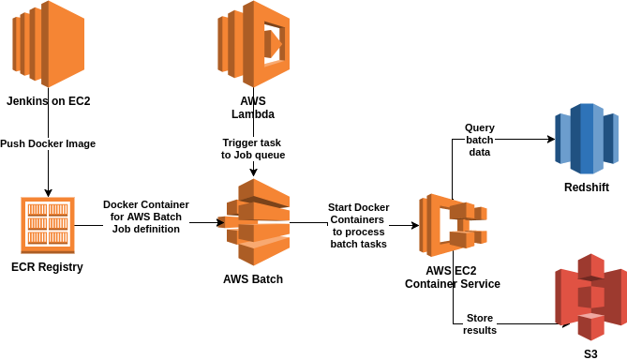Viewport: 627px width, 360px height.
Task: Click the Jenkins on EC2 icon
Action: pos(49,44)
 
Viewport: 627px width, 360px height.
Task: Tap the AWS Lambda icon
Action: pos(254,44)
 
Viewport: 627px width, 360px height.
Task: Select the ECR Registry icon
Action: pos(48,225)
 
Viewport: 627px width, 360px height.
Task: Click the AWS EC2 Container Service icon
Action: pos(453,225)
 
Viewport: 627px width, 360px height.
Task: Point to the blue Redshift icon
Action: pos(587,139)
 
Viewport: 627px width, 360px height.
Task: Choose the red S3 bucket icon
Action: pos(590,297)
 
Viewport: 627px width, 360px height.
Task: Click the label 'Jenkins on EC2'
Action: pos(49,101)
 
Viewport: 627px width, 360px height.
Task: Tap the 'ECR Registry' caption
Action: pos(47,267)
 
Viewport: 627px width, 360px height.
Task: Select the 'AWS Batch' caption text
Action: pos(253,278)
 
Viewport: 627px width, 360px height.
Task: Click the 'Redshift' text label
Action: pos(587,187)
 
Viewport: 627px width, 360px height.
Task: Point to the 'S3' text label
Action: pos(590,353)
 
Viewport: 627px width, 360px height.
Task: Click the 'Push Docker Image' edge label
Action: pos(48,143)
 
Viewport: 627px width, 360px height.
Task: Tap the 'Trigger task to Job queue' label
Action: pos(253,149)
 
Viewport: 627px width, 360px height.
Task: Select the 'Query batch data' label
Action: pos(480,140)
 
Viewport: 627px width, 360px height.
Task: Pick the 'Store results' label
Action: pos(480,324)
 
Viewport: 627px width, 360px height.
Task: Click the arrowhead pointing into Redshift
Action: pos(551,139)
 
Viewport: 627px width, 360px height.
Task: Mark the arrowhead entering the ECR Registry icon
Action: pos(49,193)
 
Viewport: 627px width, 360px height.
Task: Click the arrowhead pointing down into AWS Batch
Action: pos(253,172)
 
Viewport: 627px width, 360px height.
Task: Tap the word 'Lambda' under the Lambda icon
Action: pos(253,114)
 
